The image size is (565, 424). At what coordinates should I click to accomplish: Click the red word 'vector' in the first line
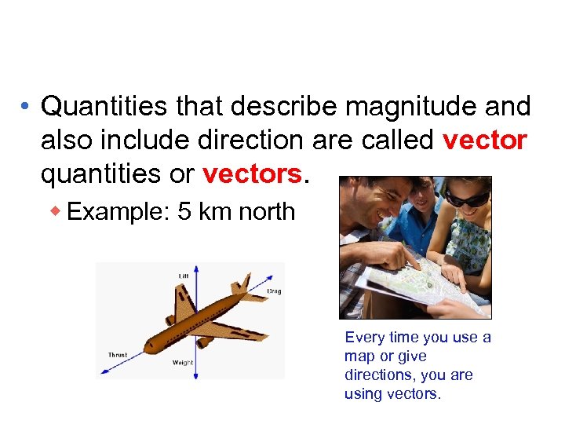484,141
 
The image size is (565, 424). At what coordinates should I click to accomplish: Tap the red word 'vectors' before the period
251,174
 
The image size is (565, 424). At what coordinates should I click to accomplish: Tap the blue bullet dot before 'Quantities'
27,107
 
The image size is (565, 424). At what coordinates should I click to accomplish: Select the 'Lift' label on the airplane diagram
184,276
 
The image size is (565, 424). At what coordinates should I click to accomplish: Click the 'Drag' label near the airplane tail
274,291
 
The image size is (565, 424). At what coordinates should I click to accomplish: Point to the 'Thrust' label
118,356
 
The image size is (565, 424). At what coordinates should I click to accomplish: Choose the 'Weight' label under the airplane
183,363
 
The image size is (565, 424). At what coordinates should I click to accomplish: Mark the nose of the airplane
148,345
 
